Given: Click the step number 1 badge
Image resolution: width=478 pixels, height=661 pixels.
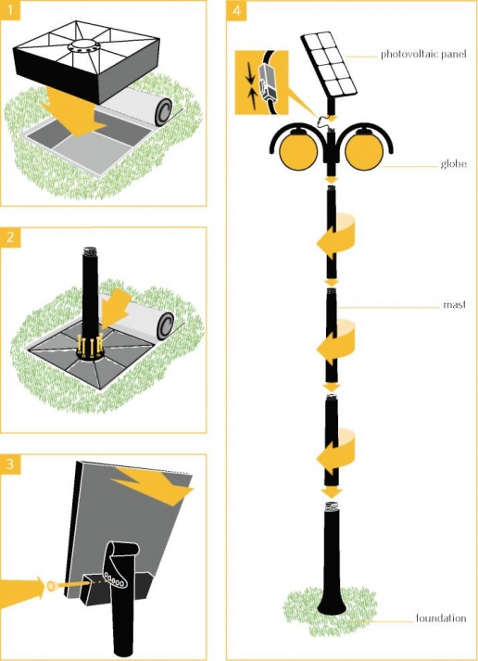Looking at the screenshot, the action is click(x=10, y=10).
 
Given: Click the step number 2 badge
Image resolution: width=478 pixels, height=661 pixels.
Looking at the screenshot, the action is click(x=10, y=237).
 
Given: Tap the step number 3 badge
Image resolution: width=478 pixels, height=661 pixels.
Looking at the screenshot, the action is click(x=10, y=464).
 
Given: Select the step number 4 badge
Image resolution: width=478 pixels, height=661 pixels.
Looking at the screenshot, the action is click(x=236, y=10).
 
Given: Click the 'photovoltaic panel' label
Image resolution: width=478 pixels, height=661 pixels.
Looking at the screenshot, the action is click(x=423, y=55).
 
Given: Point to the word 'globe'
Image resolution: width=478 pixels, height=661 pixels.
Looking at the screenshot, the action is click(x=453, y=163).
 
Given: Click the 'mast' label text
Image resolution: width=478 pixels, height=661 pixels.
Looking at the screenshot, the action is click(x=455, y=304).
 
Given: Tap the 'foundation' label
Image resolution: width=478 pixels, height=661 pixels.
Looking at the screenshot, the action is click(x=441, y=618).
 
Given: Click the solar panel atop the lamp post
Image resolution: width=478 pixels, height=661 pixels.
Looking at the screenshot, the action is click(x=329, y=64).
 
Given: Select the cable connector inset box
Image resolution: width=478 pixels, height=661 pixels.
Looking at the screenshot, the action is click(x=261, y=83).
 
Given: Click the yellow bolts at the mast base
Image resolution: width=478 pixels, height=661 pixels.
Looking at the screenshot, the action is click(x=91, y=344).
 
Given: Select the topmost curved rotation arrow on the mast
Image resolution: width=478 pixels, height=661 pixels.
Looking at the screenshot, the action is click(x=336, y=237).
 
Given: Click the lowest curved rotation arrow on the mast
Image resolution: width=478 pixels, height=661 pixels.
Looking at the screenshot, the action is click(x=336, y=451).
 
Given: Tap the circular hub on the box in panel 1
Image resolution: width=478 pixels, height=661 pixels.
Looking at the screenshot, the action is click(x=80, y=46).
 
